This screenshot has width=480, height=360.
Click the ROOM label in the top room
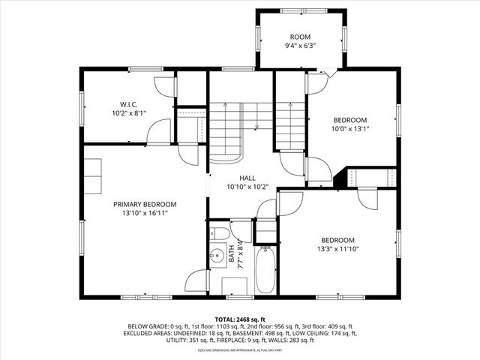pos(300,37)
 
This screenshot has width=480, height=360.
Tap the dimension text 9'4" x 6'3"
pos(300,46)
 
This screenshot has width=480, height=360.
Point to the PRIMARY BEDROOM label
pos(145,204)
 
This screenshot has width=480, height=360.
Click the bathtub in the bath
pos(265,270)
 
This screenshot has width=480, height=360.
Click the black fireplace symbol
pos(346,178)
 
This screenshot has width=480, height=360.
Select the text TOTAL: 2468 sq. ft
pos(240,319)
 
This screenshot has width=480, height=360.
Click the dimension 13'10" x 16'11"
pos(145,213)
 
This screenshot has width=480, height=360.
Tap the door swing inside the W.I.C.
pos(160,133)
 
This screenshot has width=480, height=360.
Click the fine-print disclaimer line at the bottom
pos(240,350)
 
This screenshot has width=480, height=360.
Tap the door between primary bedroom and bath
pos(196,282)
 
